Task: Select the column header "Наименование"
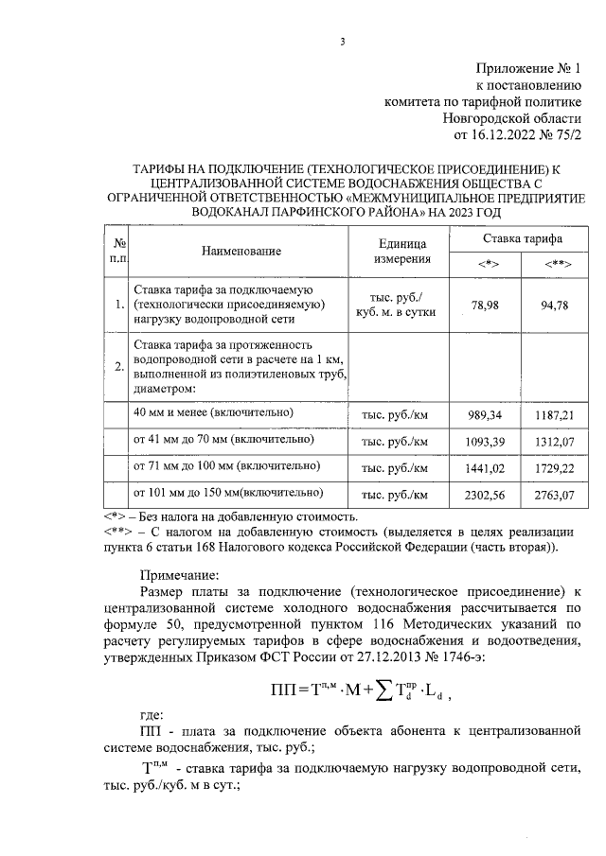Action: pos(241,251)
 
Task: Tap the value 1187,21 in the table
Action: pos(556,415)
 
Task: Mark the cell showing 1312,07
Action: pos(556,442)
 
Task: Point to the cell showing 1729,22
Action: pos(556,468)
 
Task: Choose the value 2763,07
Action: pos(556,495)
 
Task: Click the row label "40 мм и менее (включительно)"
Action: pos(213,413)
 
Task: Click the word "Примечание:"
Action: pos(179,574)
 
